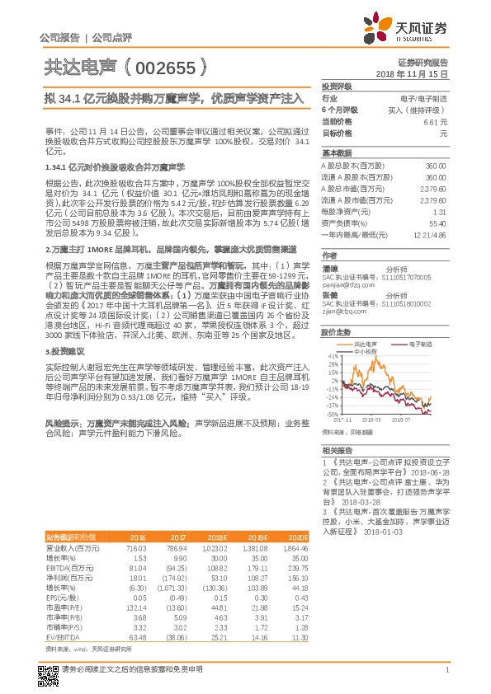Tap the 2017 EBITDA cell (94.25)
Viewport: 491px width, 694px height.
pos(177,568)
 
